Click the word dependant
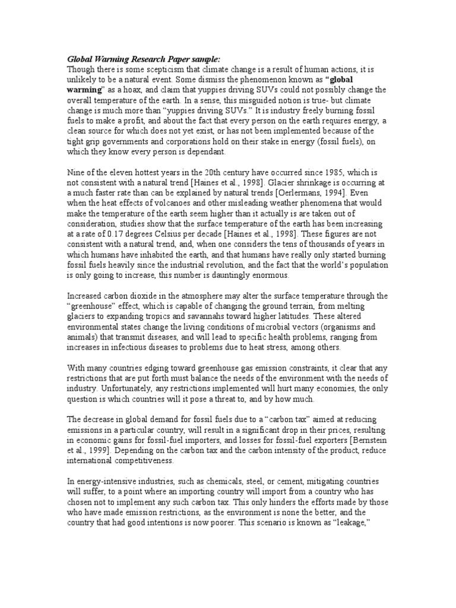pyautogui.click(x=206, y=152)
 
